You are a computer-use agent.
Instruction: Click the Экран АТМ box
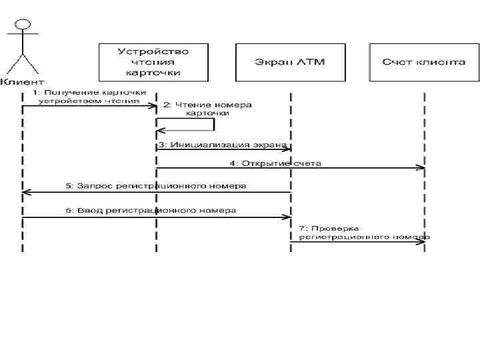[x=289, y=61]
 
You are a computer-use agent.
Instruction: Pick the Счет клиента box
[x=423, y=61]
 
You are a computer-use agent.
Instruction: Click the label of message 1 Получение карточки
[x=90, y=97]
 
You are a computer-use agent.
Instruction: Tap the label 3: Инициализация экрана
[x=222, y=143]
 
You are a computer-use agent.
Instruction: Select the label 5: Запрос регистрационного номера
[x=155, y=185]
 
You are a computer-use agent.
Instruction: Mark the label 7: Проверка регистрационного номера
[x=363, y=231]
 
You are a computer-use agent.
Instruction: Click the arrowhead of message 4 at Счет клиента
[x=421, y=167]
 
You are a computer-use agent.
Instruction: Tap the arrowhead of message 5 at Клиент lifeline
[x=25, y=192]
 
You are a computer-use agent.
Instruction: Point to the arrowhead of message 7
[x=421, y=241]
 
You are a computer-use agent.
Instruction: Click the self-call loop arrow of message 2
[x=213, y=124]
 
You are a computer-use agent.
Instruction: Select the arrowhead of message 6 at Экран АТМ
[x=287, y=217]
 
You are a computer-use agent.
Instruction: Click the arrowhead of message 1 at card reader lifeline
[x=153, y=106]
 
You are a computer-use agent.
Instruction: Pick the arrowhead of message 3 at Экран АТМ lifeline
[x=287, y=149]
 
